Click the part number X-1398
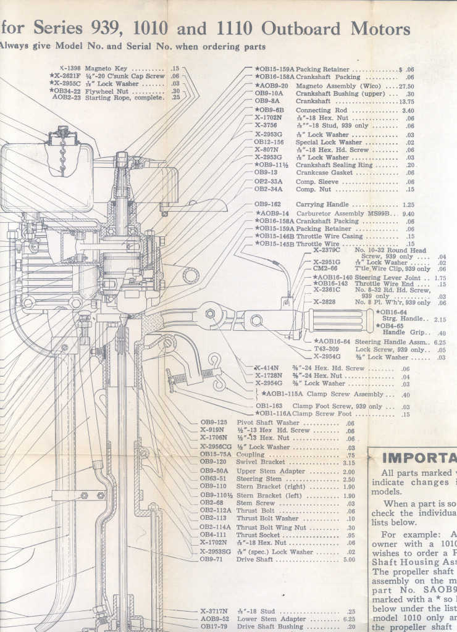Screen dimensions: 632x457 [x=71, y=69]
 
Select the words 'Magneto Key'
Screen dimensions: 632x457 [x=106, y=69]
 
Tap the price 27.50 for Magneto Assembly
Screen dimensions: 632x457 [x=404, y=86]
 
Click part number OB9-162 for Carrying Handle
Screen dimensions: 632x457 [x=267, y=204]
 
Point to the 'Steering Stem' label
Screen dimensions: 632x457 [x=259, y=479]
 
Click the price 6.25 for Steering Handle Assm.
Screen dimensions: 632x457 [x=440, y=342]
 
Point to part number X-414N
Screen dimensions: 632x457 [x=267, y=368]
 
